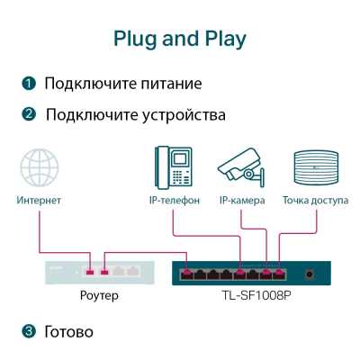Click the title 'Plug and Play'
pyautogui.click(x=180, y=39)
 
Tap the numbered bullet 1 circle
pyautogui.click(x=30, y=84)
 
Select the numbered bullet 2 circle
pyautogui.click(x=30, y=115)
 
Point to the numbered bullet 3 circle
pyautogui.click(x=30, y=331)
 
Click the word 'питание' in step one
pyautogui.click(x=168, y=84)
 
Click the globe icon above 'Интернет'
pyautogui.click(x=40, y=168)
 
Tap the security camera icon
pyautogui.click(x=241, y=167)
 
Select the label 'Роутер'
pyautogui.click(x=100, y=294)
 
